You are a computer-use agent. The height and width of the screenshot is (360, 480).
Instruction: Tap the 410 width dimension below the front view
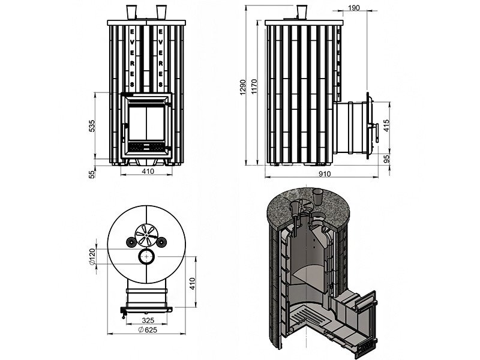(148, 172)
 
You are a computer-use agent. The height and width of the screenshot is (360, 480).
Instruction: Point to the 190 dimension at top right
(353, 8)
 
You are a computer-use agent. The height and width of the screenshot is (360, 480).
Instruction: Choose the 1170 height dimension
(254, 88)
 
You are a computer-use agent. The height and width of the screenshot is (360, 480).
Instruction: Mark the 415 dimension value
(386, 125)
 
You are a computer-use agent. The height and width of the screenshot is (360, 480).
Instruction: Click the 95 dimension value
(386, 159)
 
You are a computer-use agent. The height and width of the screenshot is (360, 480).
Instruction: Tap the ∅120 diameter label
(92, 257)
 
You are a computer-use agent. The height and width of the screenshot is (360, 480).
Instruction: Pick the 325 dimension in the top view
(147, 321)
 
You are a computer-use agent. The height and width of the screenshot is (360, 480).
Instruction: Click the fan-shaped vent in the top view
(145, 233)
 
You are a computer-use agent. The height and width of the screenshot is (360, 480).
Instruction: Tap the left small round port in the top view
(130, 241)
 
